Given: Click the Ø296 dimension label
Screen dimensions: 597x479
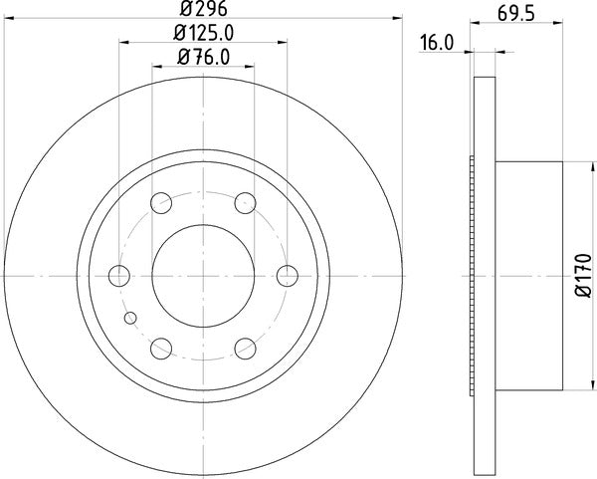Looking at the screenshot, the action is pos(204,8).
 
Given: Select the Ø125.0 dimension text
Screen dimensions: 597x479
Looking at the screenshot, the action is pos(203,33).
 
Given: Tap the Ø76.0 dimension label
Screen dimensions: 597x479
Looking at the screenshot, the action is pos(204,57).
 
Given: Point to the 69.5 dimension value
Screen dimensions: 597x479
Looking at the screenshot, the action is pos(515,14).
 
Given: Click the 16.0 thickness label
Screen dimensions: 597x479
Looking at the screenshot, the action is pos(437,42).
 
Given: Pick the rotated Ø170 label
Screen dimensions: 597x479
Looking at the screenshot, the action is pos(584,275).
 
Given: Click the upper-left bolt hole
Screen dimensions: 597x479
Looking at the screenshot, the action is pos(161,203).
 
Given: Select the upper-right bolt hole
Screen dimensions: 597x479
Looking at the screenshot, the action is pos(245,203).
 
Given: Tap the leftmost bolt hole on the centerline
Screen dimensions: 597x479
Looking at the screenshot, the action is pos(119,276).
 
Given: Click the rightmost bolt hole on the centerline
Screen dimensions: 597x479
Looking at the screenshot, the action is pos(288,276).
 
